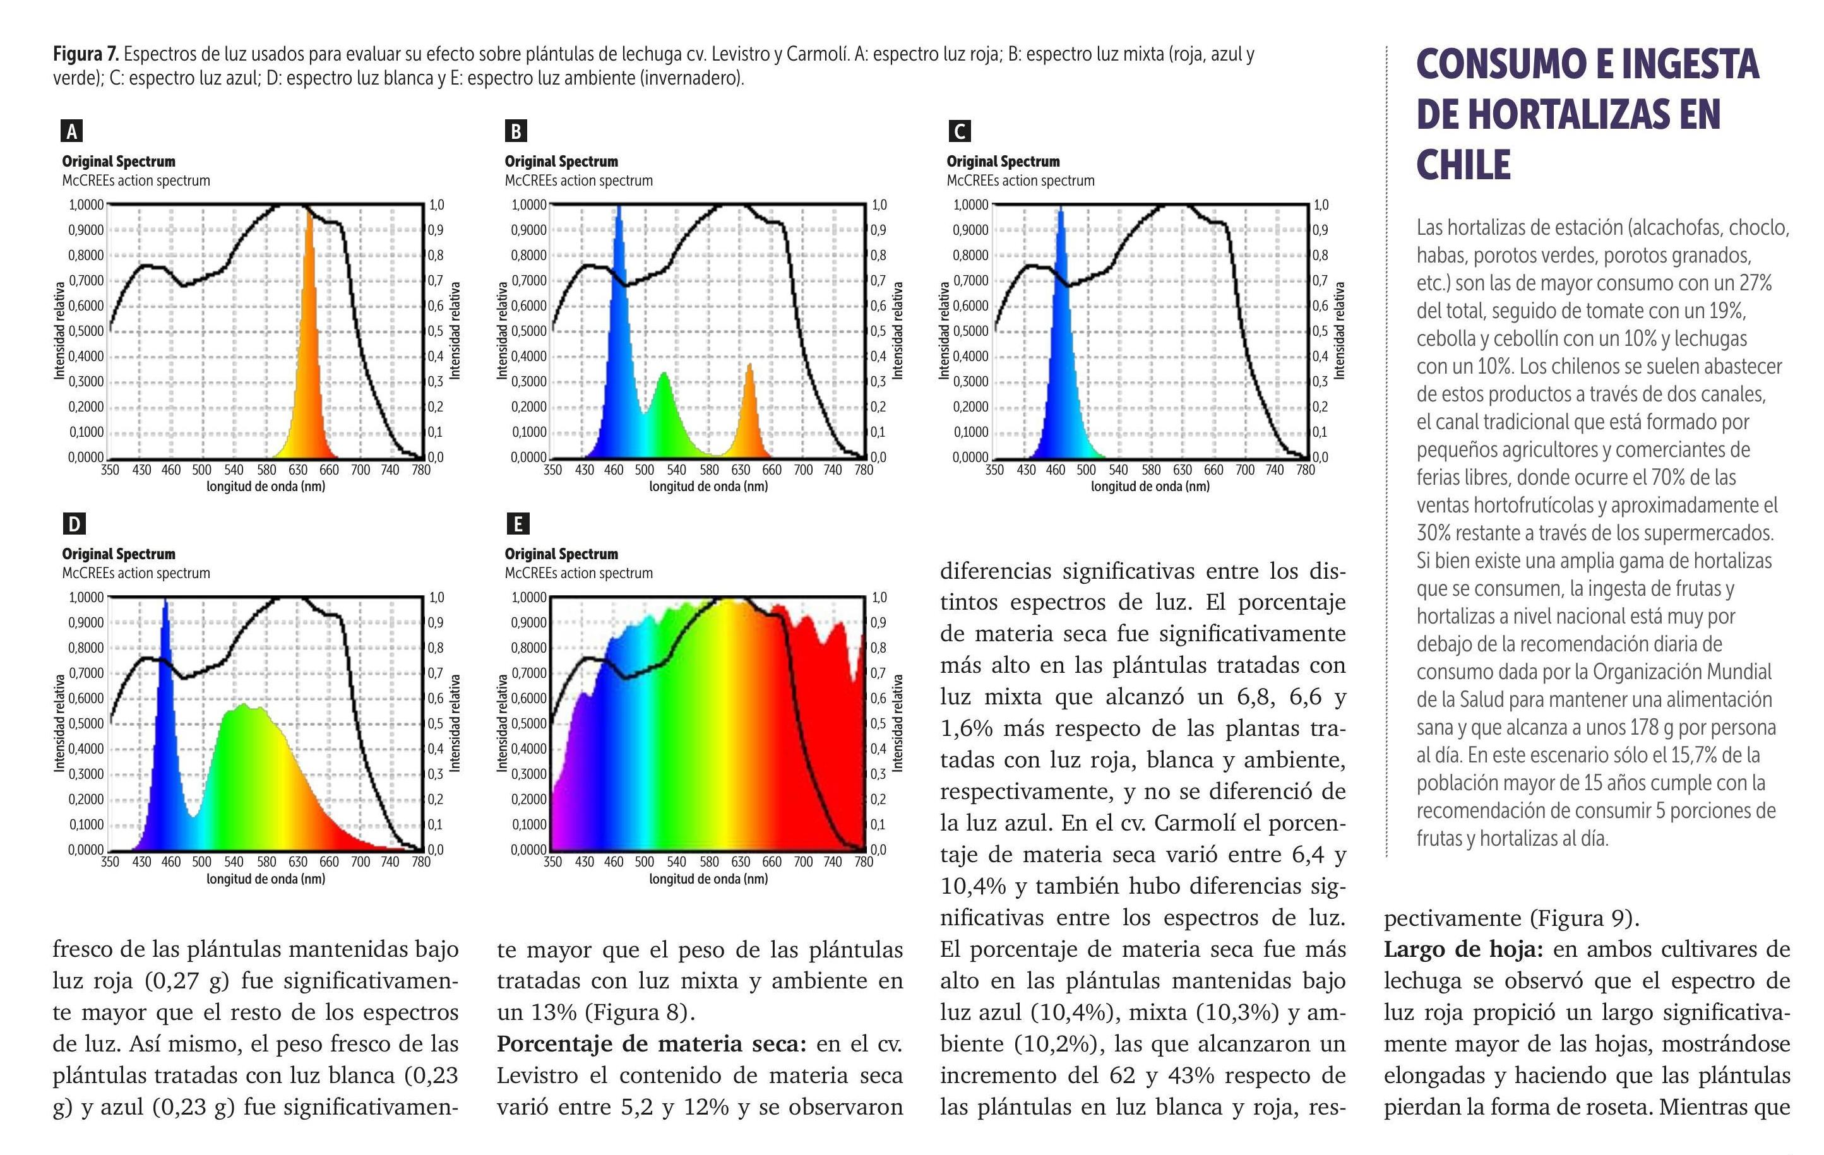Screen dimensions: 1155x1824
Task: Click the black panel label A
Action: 72,131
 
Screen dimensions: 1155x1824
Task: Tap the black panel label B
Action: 516,131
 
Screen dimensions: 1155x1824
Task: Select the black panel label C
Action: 958,131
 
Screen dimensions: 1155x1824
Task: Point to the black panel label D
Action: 73,523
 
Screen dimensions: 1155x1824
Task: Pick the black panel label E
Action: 517,523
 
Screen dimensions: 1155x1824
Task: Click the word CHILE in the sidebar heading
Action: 1463,165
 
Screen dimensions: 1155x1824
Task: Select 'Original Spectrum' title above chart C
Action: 1003,162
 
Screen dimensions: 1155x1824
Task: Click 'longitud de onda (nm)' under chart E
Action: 708,879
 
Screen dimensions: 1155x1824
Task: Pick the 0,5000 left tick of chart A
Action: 86,331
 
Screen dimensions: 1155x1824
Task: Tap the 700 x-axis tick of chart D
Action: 360,862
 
